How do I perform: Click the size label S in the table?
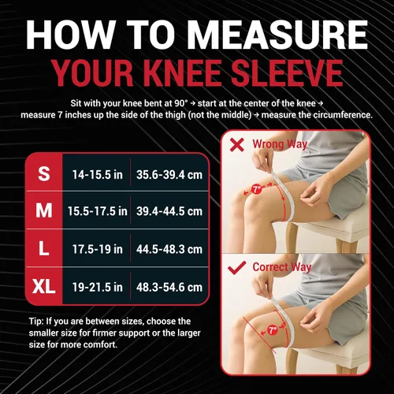click(44, 173)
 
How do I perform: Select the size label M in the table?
click(44, 210)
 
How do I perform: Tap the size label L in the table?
click(44, 248)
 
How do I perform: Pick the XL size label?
click(44, 286)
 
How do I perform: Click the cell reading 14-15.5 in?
click(98, 175)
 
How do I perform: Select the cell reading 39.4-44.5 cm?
click(169, 211)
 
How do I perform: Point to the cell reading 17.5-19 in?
click(98, 249)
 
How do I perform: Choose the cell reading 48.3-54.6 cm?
click(169, 287)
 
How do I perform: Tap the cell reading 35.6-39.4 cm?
click(169, 175)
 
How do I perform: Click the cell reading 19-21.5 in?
click(98, 287)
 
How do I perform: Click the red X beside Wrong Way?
click(237, 145)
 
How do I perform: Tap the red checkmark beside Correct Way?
click(236, 268)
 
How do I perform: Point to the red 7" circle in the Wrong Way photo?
click(256, 189)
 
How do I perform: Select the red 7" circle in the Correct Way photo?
click(273, 330)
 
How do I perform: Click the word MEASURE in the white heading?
click(278, 35)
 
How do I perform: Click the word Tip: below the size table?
click(36, 322)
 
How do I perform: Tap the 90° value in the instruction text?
click(181, 103)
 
